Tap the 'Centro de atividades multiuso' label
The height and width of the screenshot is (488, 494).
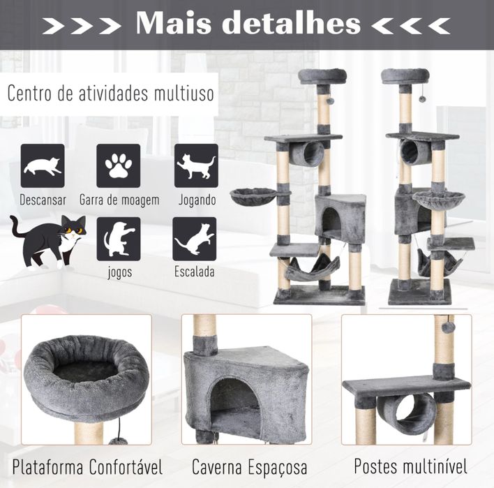point(110,94)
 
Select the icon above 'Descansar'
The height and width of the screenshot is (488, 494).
point(43,165)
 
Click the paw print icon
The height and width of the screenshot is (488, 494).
point(118,165)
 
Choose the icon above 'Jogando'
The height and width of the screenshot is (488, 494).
point(196,165)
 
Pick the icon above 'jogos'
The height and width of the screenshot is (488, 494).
point(119,239)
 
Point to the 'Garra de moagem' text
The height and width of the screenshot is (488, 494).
point(119,200)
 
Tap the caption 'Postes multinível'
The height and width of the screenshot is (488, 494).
point(410,466)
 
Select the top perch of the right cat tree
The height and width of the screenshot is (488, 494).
point(406,75)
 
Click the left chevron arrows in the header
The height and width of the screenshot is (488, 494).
point(82,25)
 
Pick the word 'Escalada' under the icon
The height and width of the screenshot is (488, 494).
point(195,272)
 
